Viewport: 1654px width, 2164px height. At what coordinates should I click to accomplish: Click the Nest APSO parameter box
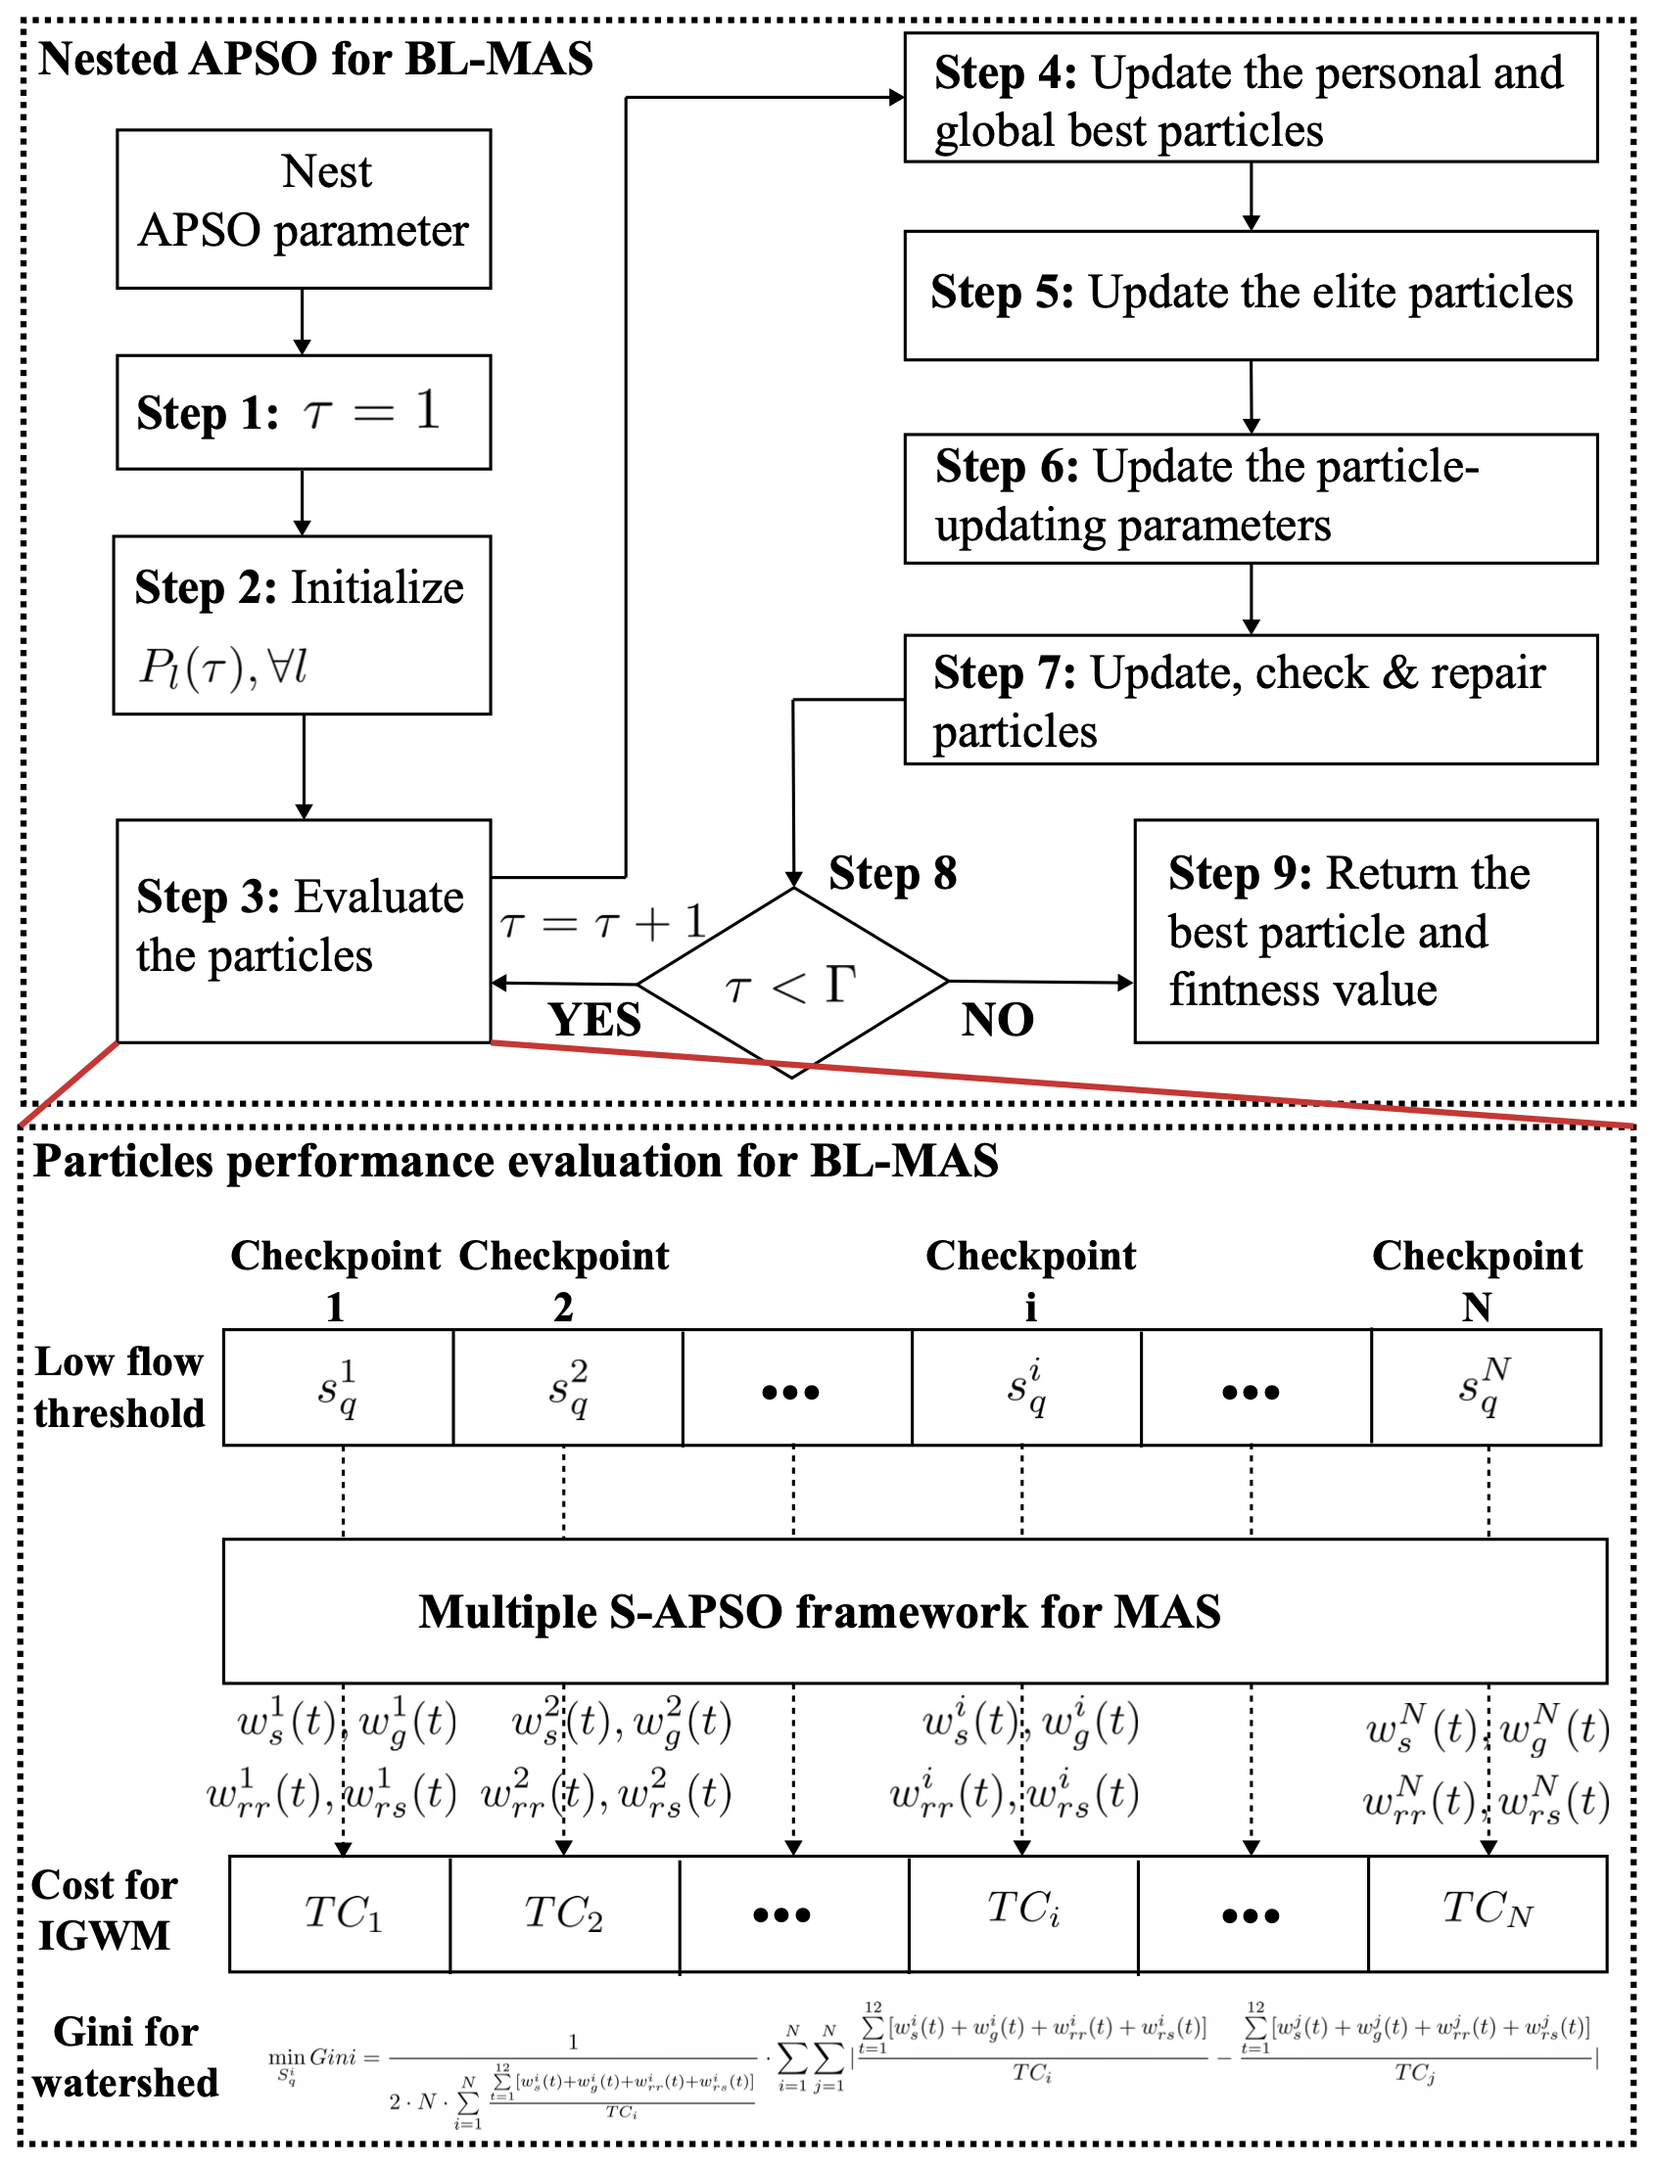(x=304, y=207)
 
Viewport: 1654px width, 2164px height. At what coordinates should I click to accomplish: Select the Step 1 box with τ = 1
(x=304, y=411)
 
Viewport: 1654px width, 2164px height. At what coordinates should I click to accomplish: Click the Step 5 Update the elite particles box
(x=1251, y=295)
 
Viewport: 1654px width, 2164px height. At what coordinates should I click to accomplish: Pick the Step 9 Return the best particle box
(x=1364, y=930)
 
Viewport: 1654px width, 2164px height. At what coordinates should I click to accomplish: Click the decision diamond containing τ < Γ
(x=792, y=982)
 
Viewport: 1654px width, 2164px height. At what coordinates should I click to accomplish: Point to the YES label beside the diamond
(x=594, y=1020)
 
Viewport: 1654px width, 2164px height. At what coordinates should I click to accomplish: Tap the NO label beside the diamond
(x=997, y=1020)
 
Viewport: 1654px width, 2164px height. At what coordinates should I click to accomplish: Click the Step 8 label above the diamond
(x=892, y=873)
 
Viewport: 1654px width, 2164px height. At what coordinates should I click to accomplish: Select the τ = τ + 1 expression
(x=602, y=923)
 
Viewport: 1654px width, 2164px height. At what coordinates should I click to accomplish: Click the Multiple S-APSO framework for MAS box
(x=916, y=1611)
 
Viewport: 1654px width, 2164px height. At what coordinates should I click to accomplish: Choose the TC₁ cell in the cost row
(x=341, y=1913)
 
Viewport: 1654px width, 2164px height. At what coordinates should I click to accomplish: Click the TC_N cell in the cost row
(x=1487, y=1913)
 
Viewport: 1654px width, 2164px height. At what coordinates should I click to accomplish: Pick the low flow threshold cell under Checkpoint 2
(x=567, y=1387)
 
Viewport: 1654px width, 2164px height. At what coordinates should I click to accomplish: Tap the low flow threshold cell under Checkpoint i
(x=1026, y=1387)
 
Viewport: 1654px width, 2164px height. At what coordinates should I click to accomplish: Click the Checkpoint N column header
(x=1477, y=1280)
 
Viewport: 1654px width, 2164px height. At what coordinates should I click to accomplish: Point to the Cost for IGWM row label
(x=105, y=1911)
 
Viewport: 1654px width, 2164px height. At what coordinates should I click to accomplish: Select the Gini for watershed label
(x=125, y=2056)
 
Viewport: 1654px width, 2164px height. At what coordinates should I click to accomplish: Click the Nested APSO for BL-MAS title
(x=315, y=59)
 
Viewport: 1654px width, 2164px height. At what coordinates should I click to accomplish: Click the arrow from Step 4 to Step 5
(x=1251, y=197)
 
